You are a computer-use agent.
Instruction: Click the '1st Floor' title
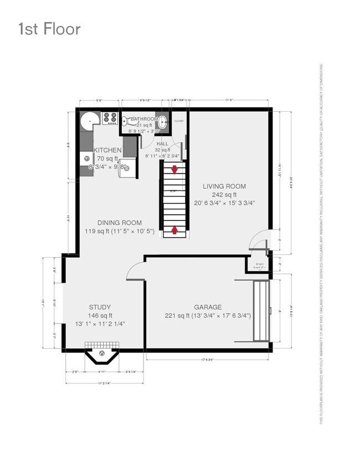tap(49, 28)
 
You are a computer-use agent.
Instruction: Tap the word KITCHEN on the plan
tap(107, 150)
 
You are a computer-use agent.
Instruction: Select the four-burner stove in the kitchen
tap(109, 118)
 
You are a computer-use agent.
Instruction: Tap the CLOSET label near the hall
tap(178, 121)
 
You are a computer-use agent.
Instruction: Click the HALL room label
tap(162, 143)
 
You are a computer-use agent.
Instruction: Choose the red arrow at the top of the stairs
tap(175, 170)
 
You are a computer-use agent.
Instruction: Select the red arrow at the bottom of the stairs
tap(175, 229)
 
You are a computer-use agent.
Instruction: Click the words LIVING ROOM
tap(224, 187)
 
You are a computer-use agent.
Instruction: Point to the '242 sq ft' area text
tap(224, 195)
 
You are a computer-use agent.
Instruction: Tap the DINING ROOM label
tap(119, 222)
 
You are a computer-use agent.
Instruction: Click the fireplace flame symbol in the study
tap(101, 353)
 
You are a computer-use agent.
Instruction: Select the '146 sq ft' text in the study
tap(100, 315)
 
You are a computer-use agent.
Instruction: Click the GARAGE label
tap(208, 307)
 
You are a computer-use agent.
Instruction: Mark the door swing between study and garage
tap(135, 271)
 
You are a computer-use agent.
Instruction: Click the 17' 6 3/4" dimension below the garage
tap(208, 360)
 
